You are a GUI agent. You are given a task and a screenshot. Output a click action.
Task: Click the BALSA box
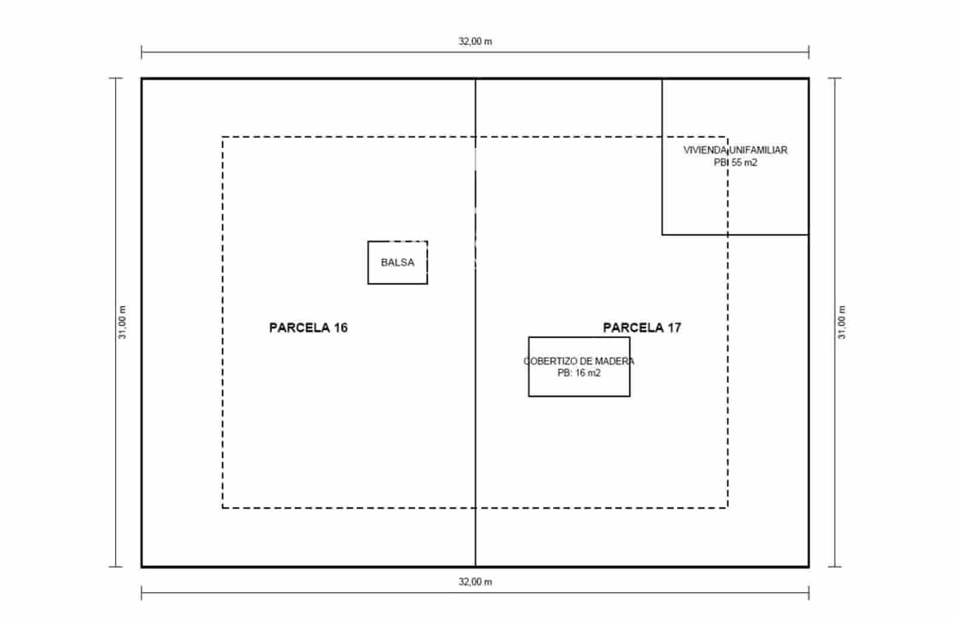tap(368, 262)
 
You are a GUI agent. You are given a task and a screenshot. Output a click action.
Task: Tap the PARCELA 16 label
tap(308, 327)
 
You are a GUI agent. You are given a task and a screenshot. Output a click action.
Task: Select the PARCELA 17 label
tap(642, 327)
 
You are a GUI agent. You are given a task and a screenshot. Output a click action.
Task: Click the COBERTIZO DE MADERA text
tap(579, 361)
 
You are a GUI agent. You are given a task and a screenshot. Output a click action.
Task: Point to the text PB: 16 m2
tap(579, 373)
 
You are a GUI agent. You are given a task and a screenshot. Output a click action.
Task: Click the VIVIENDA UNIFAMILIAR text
tap(736, 150)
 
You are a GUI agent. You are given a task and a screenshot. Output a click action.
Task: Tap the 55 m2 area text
tap(745, 162)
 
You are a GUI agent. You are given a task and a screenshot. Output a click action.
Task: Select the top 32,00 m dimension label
tap(475, 41)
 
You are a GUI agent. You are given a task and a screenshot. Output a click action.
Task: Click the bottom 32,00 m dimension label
tap(475, 582)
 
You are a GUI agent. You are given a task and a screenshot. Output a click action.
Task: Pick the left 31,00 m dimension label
tap(122, 323)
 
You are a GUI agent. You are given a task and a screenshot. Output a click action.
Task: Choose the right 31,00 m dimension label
tap(842, 323)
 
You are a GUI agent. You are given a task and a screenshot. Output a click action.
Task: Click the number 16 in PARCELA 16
tap(340, 327)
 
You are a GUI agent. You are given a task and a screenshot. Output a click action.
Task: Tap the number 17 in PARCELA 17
tap(674, 327)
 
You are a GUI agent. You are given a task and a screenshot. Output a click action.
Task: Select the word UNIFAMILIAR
tap(758, 150)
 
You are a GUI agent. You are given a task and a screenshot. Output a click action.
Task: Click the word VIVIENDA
tap(705, 150)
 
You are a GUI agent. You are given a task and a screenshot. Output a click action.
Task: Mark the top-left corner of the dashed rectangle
tap(223, 137)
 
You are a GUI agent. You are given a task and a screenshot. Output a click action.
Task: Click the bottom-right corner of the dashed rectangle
tap(727, 508)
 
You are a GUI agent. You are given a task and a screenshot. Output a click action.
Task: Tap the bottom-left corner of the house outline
tap(662, 235)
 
